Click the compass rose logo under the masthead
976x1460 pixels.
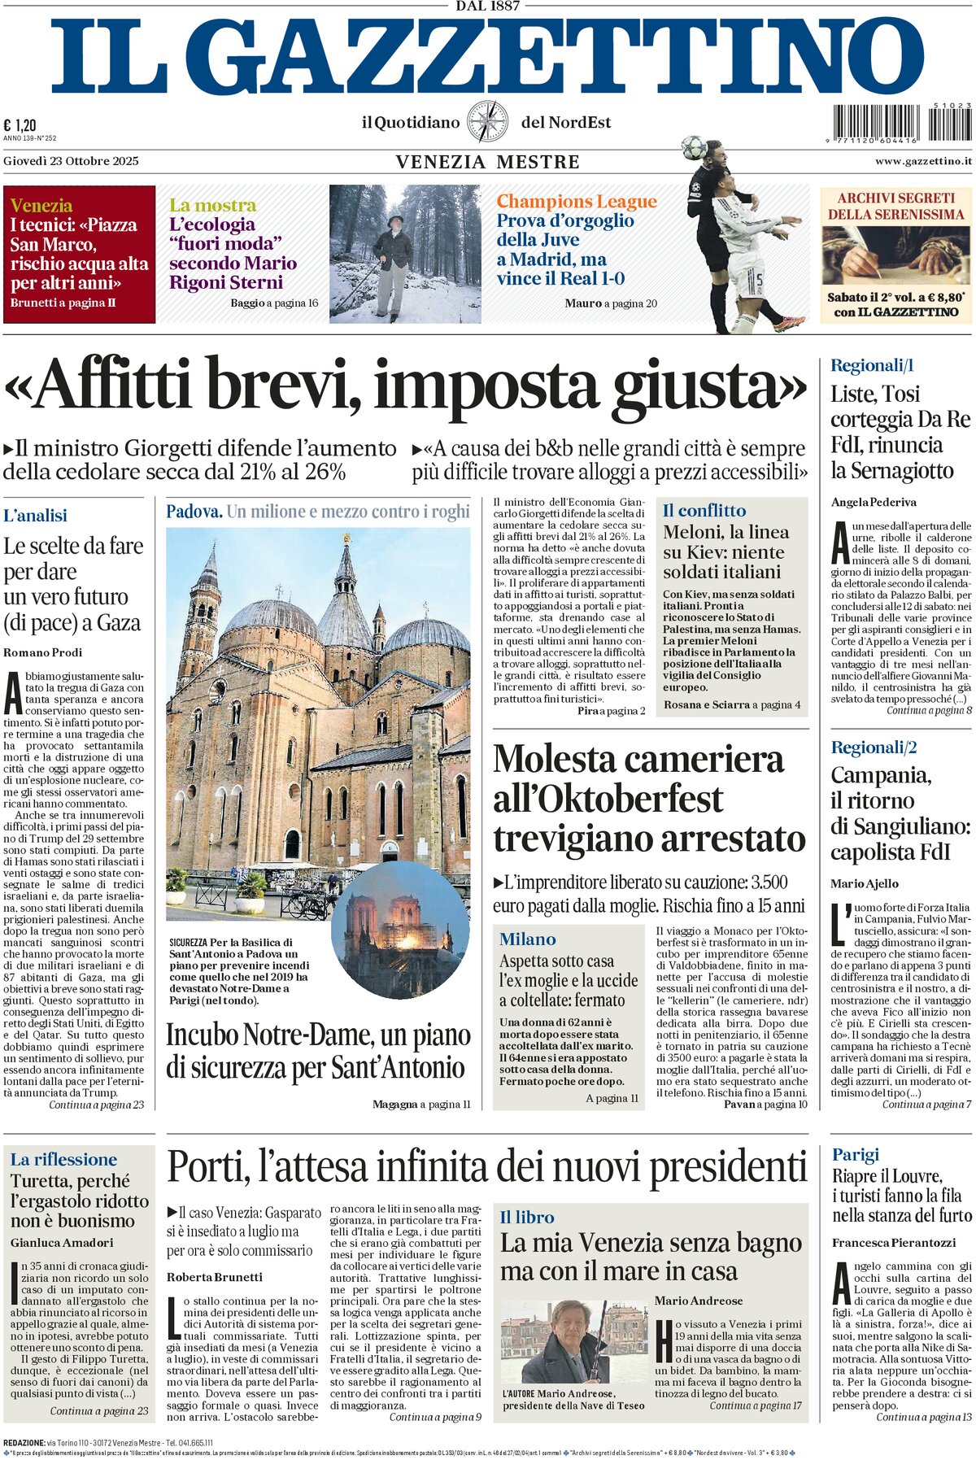(488, 122)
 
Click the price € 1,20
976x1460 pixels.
(20, 124)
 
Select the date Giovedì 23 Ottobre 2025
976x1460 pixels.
(71, 161)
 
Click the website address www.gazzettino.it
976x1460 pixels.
(923, 161)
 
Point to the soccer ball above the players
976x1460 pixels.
(693, 147)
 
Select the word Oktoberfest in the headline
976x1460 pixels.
(608, 799)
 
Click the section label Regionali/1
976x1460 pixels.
(872, 365)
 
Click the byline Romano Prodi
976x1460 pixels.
(43, 652)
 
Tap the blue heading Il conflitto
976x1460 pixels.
(704, 511)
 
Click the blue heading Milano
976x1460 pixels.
(527, 939)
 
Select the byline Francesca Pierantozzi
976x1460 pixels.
(894, 1242)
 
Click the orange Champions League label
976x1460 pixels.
(576, 201)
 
